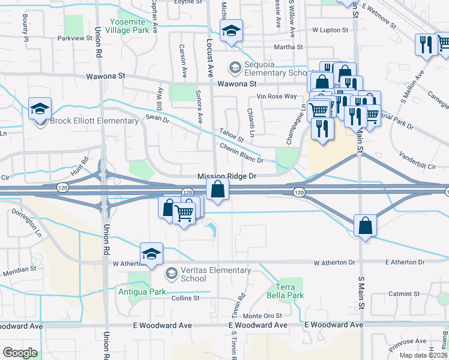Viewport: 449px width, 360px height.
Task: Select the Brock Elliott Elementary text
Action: pyautogui.click(x=94, y=121)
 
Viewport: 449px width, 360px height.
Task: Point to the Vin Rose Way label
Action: pyautogui.click(x=277, y=97)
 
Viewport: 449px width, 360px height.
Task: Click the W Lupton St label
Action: pyautogui.click(x=330, y=30)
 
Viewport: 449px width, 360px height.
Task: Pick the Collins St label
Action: pyautogui.click(x=185, y=298)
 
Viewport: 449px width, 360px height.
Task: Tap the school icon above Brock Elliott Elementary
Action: pyautogui.click(x=40, y=109)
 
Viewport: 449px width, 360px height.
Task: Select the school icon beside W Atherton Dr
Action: pyautogui.click(x=152, y=254)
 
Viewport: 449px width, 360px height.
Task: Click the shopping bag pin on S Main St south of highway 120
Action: pyautogui.click(x=365, y=226)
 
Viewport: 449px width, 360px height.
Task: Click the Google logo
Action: pyautogui.click(x=20, y=353)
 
